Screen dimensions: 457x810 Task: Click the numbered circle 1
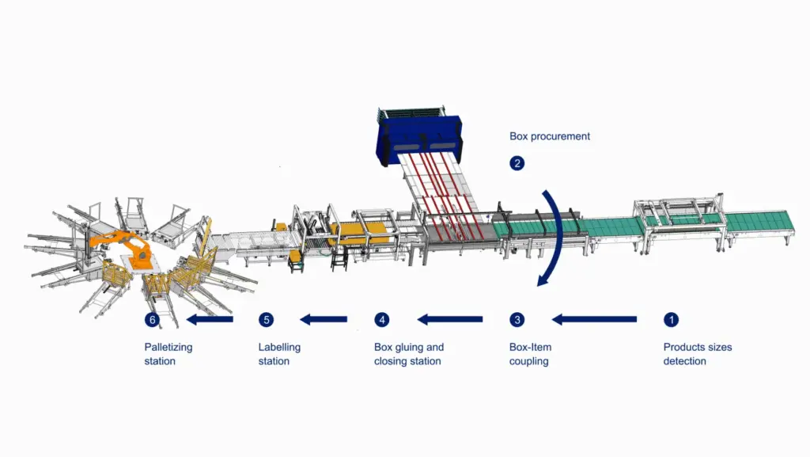pyautogui.click(x=671, y=320)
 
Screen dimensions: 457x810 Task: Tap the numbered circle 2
pyautogui.click(x=517, y=164)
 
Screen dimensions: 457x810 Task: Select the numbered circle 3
pyautogui.click(x=517, y=320)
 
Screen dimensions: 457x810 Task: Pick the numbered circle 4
pyautogui.click(x=382, y=320)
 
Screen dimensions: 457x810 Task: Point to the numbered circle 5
pyautogui.click(x=267, y=320)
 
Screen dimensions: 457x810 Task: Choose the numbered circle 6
pyautogui.click(x=152, y=320)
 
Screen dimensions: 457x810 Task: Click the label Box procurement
pyautogui.click(x=550, y=136)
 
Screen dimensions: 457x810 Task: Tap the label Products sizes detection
pyautogui.click(x=696, y=354)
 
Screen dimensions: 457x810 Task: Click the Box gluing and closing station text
pyautogui.click(x=409, y=354)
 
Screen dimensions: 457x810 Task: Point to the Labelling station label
pyautogui.click(x=279, y=354)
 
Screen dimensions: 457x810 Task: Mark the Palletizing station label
pyautogui.click(x=168, y=354)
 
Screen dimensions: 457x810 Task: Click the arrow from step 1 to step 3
pyautogui.click(x=595, y=320)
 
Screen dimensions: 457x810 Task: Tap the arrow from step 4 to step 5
pyautogui.click(x=324, y=320)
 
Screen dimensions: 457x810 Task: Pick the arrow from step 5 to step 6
pyautogui.click(x=210, y=320)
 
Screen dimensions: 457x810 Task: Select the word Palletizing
pyautogui.click(x=168, y=347)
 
